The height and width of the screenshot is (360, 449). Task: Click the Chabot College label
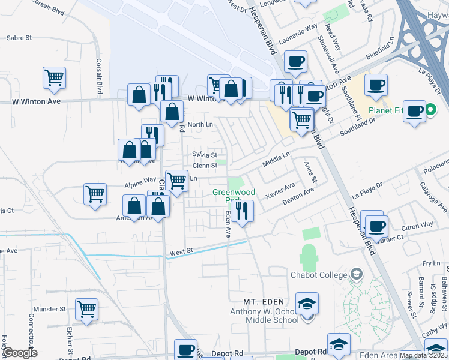318,275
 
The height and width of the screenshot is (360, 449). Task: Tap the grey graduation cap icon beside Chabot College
357,274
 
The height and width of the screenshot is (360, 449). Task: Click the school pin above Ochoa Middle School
307,304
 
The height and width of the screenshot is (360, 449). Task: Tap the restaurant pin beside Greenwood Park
242,211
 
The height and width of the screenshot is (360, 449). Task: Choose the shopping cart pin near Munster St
87,310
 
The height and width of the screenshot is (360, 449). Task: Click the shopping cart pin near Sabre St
54,77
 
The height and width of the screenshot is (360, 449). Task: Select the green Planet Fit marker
430,110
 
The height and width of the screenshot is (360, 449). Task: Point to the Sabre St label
19,37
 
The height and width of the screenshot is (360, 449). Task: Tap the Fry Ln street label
431,263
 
